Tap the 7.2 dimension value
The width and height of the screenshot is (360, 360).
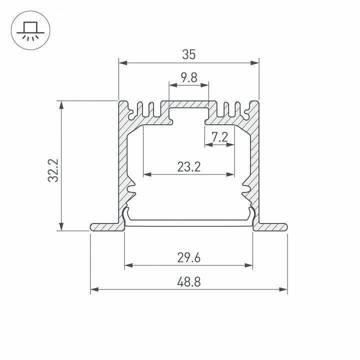219,136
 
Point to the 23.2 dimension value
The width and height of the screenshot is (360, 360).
188,166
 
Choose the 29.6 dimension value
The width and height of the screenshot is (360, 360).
188,257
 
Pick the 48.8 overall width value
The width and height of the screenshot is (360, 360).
188,281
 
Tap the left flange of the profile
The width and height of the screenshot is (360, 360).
106,226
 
